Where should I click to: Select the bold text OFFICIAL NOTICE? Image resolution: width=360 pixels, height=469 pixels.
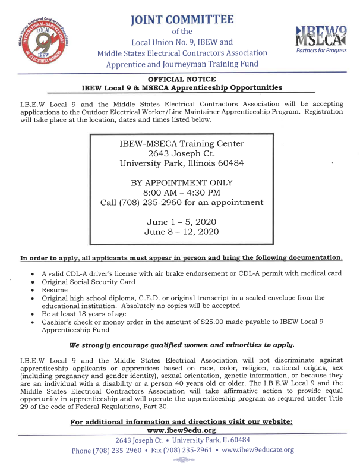pos(181,79)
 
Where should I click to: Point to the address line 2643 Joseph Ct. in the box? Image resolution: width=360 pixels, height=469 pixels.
pos(181,154)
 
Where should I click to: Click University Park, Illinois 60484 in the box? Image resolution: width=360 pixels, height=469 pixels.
pos(181,164)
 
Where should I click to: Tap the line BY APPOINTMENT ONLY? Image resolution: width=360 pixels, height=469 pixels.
pos(181,183)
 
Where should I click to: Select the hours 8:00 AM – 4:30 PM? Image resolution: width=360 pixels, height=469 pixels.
pos(181,193)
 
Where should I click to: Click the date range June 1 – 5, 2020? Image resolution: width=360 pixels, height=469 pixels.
pos(181,222)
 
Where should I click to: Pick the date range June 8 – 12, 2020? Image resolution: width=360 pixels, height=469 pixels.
pos(181,232)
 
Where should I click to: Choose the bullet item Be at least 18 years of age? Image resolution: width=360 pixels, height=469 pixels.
pos(83,313)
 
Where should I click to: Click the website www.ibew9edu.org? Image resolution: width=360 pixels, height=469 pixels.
pos(181,430)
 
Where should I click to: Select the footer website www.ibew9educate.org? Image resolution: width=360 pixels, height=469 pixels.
pos(257,449)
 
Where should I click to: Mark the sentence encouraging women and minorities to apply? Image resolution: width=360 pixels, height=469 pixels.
pos(181,345)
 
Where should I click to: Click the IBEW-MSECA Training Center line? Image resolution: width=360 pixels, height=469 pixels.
pos(181,144)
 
